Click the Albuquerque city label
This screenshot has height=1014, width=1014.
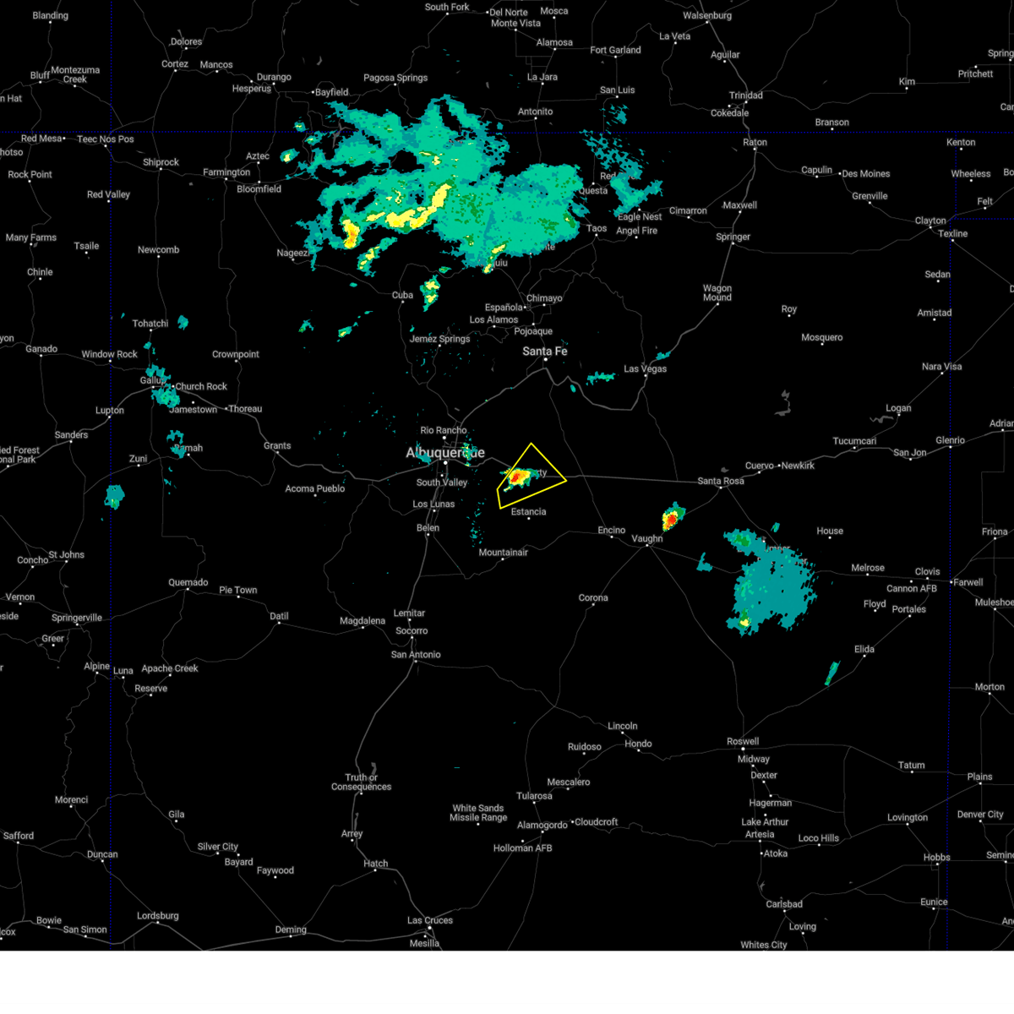[445, 453]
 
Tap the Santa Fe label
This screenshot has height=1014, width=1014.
[545, 351]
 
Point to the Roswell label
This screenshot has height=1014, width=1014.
[743, 741]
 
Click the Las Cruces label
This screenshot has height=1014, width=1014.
[430, 920]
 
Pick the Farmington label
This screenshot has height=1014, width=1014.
[226, 172]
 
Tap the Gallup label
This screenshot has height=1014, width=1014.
[153, 380]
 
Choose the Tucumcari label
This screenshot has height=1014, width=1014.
[854, 441]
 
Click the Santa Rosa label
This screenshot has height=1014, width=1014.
[721, 481]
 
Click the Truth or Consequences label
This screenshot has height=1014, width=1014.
[361, 782]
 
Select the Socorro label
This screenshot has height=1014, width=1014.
[412, 630]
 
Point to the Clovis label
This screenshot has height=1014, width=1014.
[927, 571]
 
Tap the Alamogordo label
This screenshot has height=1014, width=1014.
[542, 825]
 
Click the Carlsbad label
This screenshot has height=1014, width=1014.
[784, 904]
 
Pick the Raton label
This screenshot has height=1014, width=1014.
[755, 142]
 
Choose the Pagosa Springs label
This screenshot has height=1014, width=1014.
[395, 78]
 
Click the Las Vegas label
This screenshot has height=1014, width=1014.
[646, 368]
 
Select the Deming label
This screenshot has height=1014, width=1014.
[291, 929]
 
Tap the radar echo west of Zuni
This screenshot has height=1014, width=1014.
[114, 496]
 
